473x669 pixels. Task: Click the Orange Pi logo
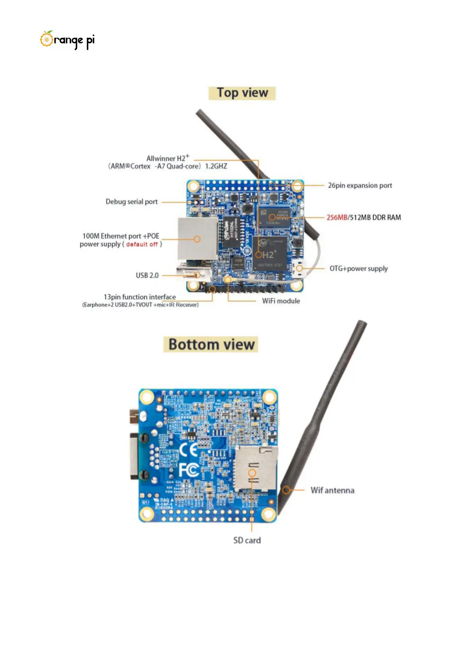click(67, 40)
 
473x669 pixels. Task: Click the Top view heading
click(242, 93)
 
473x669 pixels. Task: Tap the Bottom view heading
click(211, 344)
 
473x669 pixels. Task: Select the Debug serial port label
click(132, 202)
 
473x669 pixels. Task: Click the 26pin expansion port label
click(360, 186)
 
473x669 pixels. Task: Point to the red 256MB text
click(337, 218)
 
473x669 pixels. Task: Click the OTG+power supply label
click(359, 269)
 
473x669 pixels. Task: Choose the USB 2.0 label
click(147, 275)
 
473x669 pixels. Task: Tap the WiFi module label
click(281, 301)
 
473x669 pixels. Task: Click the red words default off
click(142, 244)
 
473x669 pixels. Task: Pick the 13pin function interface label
click(140, 297)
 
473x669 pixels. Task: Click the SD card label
click(247, 540)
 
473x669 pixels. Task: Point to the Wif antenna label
click(332, 491)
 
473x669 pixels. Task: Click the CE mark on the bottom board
click(188, 450)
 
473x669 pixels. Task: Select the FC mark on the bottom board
click(188, 470)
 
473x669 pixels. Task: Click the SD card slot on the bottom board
click(254, 469)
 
